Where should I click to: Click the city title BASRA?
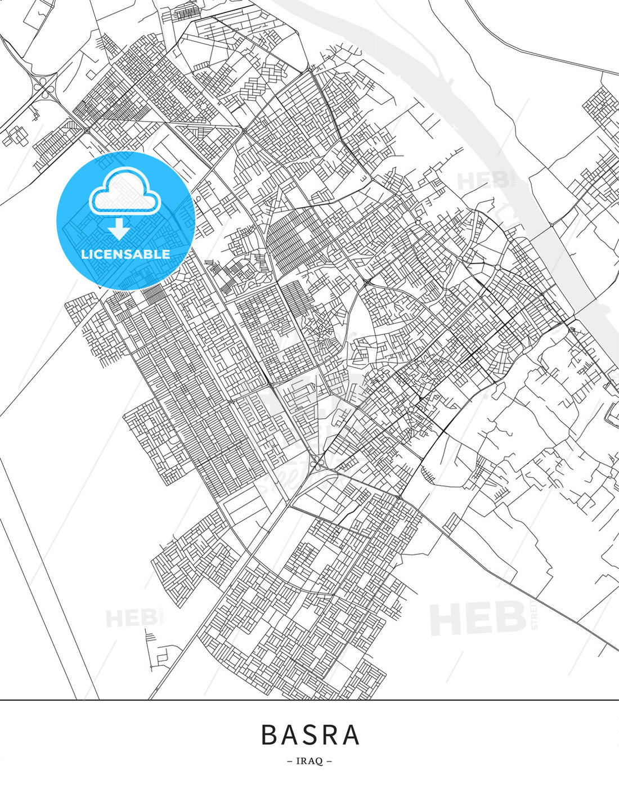(310, 735)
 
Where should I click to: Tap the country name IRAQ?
(309, 762)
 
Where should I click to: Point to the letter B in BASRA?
(270, 735)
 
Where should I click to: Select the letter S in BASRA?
(310, 735)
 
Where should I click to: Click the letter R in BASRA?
(330, 735)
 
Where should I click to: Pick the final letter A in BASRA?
(351, 735)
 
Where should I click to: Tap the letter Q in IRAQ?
(319, 762)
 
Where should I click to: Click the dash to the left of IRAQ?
(290, 762)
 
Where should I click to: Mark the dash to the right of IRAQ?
(329, 762)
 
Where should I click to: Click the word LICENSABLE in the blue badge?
(125, 254)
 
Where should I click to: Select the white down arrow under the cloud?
(119, 228)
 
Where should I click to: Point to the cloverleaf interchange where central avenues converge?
(317, 463)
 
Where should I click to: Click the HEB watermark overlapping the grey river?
(484, 181)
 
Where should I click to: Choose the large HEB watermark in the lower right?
(478, 617)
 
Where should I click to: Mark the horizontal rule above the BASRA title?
(309, 700)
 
